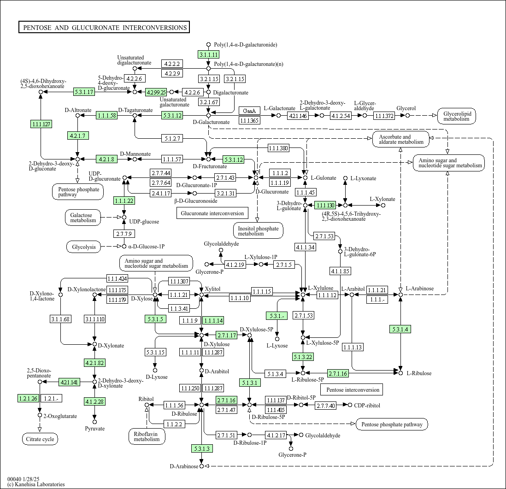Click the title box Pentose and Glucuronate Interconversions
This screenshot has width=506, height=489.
point(104,27)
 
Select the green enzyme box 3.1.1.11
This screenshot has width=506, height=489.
point(208,54)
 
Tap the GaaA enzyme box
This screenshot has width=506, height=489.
point(249,111)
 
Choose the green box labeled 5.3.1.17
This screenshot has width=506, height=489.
point(84,92)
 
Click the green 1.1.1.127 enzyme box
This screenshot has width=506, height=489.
point(41,124)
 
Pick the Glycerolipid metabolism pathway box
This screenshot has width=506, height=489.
point(457,116)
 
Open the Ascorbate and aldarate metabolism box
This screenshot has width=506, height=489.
point(401,139)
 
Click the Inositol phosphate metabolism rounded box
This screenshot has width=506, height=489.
point(258,230)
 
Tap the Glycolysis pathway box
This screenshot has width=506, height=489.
point(84,247)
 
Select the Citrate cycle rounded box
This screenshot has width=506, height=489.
point(40,439)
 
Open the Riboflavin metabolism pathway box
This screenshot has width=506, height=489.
point(147,436)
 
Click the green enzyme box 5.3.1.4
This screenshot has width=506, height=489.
point(400,329)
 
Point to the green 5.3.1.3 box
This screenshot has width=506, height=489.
point(202,448)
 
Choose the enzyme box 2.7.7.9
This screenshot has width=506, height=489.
point(124,233)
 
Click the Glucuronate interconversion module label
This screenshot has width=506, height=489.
point(212,213)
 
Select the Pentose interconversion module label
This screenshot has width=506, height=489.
point(353,389)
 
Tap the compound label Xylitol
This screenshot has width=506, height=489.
point(212,289)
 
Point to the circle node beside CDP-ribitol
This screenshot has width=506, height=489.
point(350,405)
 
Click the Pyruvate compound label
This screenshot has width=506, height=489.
point(95,429)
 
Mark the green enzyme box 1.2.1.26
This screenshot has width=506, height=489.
point(29,398)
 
